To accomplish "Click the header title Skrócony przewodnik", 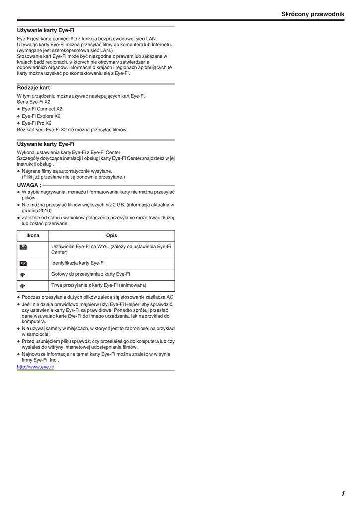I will coord(312,14).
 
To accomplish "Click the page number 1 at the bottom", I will coord(343,493).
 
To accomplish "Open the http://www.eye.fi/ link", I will coord(35,367).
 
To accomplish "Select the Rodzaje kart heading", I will coord(33,88).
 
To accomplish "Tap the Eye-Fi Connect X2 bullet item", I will coord(42,109).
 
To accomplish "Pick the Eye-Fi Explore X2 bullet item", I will coord(41,116).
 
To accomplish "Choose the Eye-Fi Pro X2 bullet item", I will coord(36,123).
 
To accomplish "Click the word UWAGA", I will coord(29,185).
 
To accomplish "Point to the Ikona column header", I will coord(33,235).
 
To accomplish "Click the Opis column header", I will coord(111,235).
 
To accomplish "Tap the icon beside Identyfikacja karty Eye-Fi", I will coord(23,263).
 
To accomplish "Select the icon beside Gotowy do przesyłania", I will coord(23,274).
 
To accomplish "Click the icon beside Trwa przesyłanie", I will coord(23,286).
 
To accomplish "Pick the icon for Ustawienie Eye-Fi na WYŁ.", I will coord(23,247).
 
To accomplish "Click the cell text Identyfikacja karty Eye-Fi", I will coord(78,263).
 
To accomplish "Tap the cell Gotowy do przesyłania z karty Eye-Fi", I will coord(90,274).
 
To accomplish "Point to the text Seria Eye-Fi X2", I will coord(34,102).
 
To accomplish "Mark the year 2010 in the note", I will coord(44,210).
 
